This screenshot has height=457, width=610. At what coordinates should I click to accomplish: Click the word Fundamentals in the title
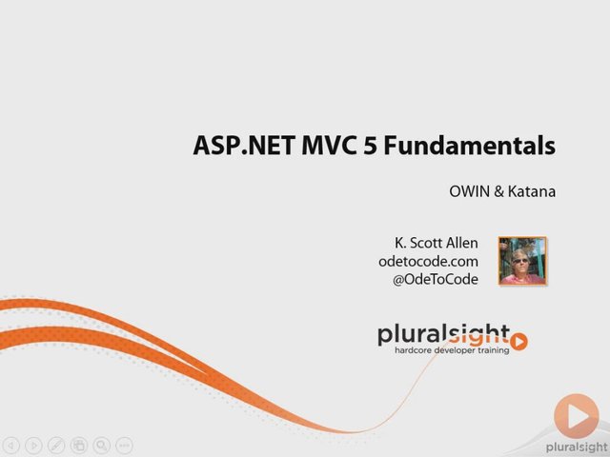(x=470, y=146)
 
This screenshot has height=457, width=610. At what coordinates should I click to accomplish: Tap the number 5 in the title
(x=371, y=146)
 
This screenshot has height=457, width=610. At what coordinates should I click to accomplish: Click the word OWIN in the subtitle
(x=469, y=191)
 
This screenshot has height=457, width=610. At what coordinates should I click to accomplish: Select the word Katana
(x=532, y=191)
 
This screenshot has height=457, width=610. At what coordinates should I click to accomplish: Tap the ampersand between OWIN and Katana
(x=498, y=191)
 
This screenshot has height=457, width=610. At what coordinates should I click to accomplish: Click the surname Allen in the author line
(x=461, y=243)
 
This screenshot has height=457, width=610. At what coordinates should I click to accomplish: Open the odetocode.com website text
(x=428, y=261)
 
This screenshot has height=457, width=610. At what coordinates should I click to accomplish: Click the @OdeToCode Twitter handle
(x=436, y=279)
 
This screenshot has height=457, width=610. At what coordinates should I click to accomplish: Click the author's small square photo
(x=522, y=261)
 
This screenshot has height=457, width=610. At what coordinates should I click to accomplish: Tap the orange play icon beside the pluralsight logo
(x=518, y=342)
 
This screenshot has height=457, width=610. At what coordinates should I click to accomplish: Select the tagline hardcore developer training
(x=452, y=350)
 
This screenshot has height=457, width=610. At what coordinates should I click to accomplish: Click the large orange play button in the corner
(x=577, y=416)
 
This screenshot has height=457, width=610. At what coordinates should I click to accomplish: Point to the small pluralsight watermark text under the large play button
(x=578, y=447)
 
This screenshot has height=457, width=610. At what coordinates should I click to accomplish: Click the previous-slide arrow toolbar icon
(x=11, y=446)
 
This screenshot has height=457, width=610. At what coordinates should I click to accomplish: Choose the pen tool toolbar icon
(x=56, y=446)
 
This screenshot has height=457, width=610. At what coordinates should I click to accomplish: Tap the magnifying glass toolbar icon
(x=102, y=446)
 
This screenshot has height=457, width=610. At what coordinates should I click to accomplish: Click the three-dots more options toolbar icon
(x=125, y=446)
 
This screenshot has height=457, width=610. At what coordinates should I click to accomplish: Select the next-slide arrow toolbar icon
(x=34, y=446)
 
